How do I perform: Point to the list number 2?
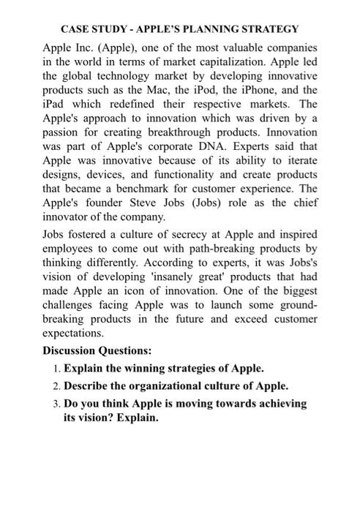(x=57, y=385)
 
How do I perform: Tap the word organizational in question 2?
(x=160, y=385)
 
